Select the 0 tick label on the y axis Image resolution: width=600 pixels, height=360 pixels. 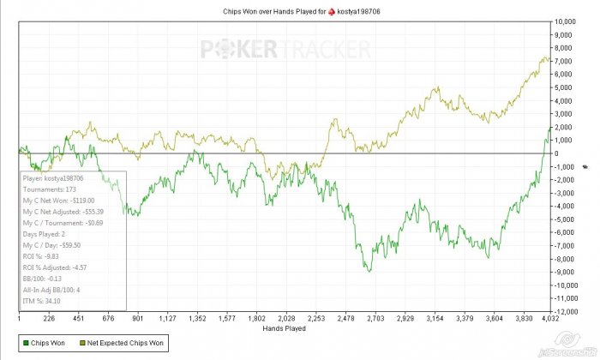click(558, 153)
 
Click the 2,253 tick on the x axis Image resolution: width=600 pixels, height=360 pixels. click(316, 319)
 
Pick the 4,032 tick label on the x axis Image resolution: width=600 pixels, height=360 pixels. click(549, 319)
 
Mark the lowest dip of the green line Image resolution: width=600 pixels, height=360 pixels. click(369, 272)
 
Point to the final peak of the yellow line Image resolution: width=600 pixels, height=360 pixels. click(546, 57)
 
